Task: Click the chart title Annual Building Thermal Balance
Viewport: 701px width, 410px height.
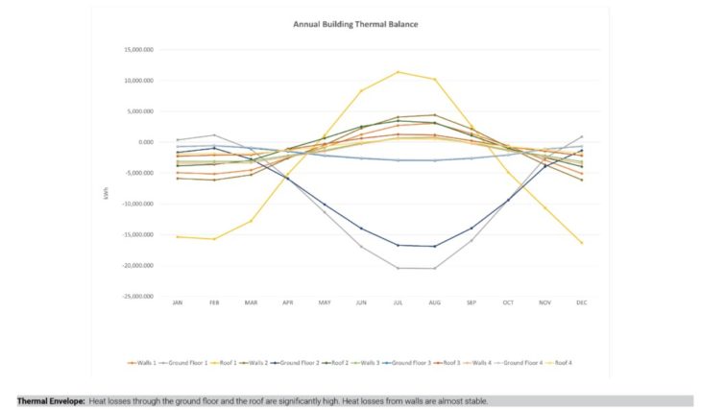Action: point(355,24)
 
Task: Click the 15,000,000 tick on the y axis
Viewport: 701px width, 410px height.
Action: point(138,50)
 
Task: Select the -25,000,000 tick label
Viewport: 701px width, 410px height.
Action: point(137,296)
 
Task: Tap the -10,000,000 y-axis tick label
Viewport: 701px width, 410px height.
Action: point(137,204)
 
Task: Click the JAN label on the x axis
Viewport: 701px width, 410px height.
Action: point(177,302)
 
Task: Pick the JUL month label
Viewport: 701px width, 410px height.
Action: point(398,302)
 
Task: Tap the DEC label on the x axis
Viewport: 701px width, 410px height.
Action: point(582,302)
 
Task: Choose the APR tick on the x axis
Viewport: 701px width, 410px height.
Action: point(287,302)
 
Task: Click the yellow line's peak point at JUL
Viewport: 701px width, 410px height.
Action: point(398,72)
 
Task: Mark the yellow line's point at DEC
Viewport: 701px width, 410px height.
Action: point(582,243)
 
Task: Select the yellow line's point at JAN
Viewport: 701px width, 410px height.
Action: point(177,236)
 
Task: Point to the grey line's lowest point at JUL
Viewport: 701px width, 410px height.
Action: point(398,268)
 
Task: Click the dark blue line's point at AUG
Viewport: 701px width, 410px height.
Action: point(434,246)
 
